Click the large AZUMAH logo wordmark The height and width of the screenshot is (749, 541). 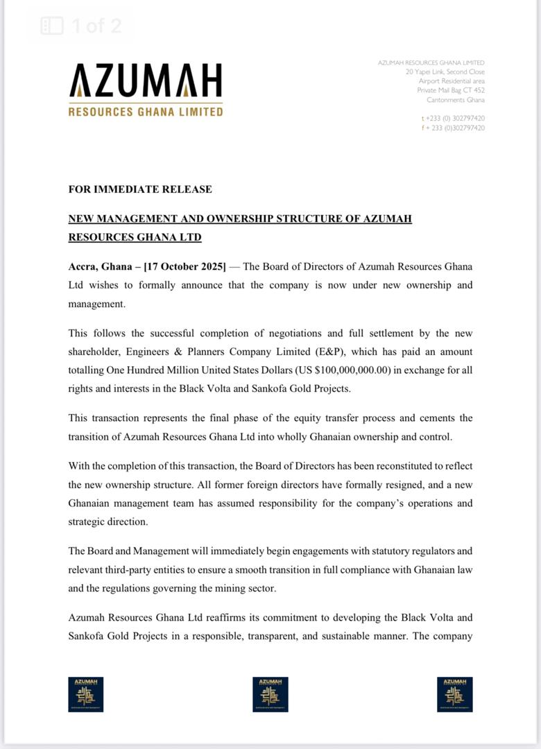[146, 81]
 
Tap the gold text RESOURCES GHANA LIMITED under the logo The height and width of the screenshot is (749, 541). [146, 111]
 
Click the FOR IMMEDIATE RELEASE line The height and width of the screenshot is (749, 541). [140, 189]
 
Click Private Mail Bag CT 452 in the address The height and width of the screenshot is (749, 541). [451, 90]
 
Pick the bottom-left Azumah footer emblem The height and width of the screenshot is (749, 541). [86, 694]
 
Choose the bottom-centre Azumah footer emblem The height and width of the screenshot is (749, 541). [270, 694]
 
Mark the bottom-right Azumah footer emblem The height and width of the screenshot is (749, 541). [455, 694]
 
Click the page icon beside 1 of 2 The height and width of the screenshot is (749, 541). [52, 26]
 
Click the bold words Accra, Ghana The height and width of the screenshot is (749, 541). [102, 266]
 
